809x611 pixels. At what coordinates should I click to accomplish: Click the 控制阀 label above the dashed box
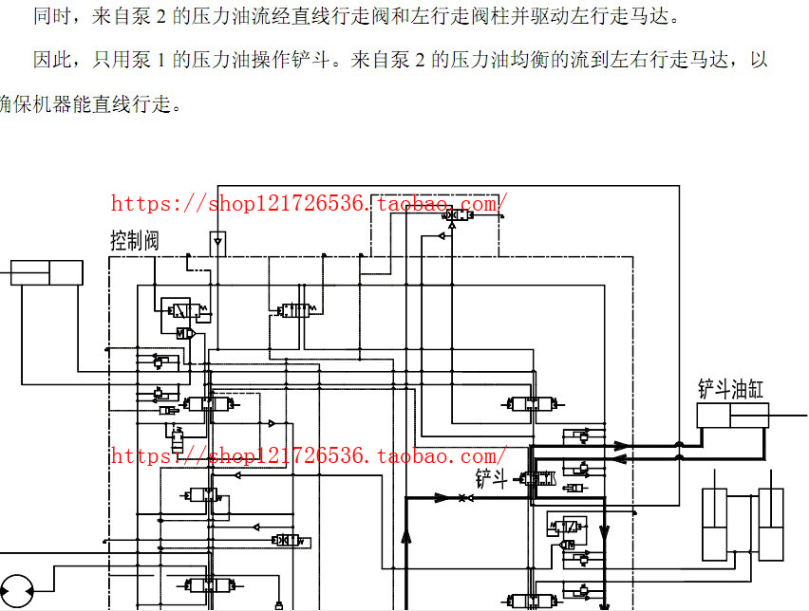pos(135,241)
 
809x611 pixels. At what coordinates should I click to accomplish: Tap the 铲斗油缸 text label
pos(731,389)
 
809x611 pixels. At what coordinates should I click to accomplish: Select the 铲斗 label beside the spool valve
pos(491,479)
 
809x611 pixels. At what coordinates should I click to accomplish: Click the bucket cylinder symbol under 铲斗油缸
pos(732,415)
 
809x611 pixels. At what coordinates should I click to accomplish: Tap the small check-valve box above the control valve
pos(217,242)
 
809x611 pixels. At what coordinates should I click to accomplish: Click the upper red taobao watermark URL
pos(309,203)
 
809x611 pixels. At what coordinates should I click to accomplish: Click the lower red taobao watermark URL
pos(309,456)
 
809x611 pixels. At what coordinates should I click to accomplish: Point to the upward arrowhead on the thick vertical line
pos(406,538)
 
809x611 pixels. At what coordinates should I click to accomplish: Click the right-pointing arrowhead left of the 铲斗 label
pos(442,497)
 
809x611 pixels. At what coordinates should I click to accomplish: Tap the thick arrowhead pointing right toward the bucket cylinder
pos(623,445)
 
